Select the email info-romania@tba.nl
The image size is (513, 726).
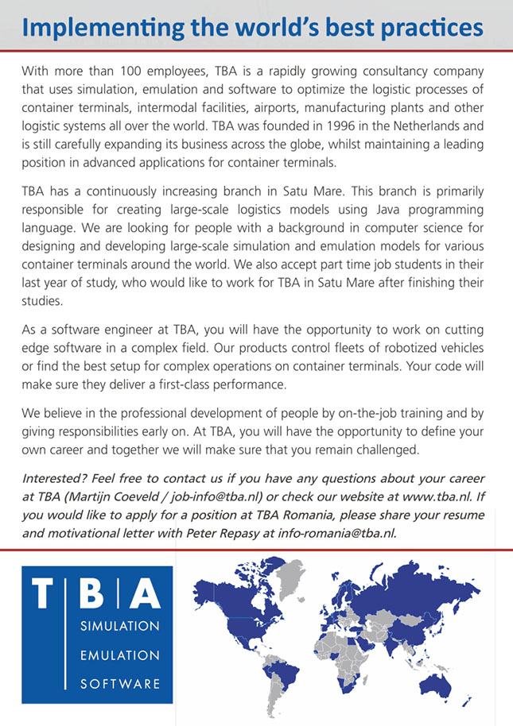pos(336,533)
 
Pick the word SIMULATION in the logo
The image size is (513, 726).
pos(120,626)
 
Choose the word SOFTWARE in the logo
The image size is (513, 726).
pos(120,683)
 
